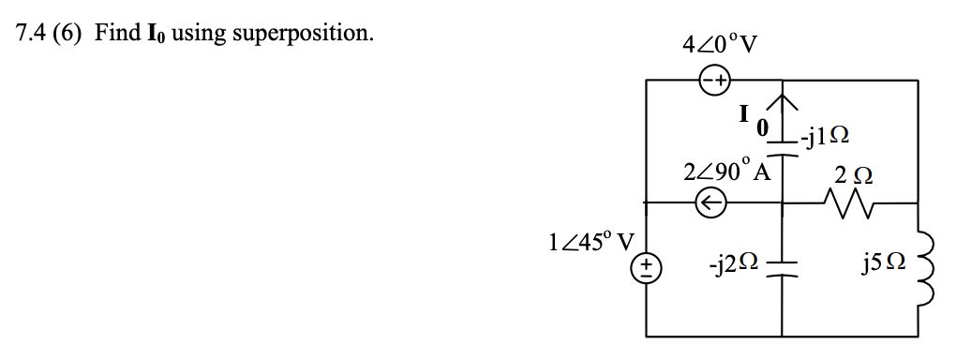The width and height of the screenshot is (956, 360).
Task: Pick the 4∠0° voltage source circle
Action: click(714, 82)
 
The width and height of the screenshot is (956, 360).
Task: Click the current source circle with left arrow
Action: click(710, 202)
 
